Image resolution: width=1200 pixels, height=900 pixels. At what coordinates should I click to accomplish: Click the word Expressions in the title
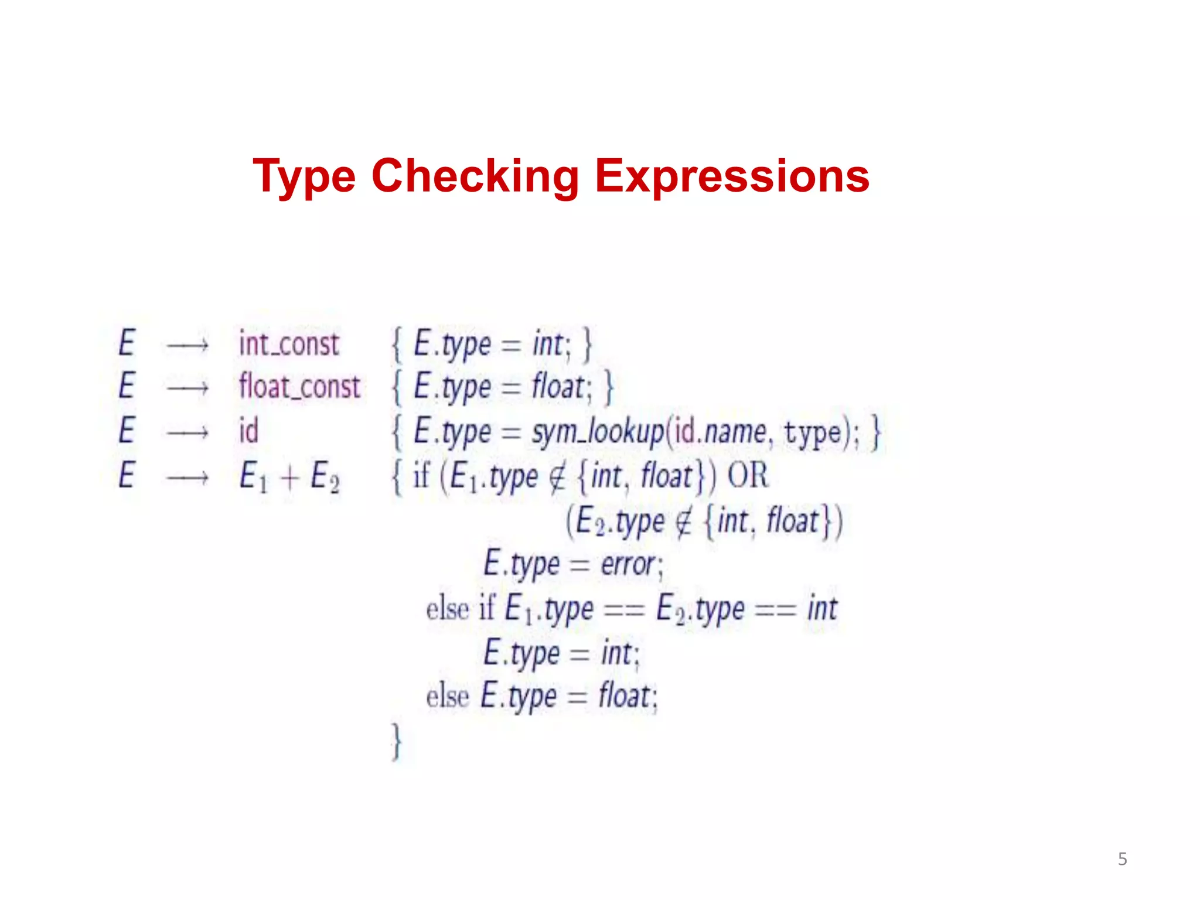pos(732,176)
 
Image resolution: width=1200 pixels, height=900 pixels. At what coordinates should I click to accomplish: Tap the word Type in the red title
pos(304,177)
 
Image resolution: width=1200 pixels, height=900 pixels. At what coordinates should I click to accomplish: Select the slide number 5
pos(1122,859)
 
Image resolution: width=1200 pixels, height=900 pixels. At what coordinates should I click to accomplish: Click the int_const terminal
pos(289,344)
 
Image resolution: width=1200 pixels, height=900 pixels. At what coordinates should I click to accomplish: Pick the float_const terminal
pos(299,387)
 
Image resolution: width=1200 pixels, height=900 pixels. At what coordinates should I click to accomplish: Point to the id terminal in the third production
pos(248,431)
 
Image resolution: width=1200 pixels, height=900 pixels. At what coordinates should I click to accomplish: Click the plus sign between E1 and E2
pos(289,478)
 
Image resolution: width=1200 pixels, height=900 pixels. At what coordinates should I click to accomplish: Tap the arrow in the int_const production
pos(187,346)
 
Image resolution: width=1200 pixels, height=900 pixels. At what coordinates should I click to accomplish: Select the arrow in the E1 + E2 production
pos(187,478)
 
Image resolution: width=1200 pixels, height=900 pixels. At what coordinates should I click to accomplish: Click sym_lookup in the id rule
pos(598,433)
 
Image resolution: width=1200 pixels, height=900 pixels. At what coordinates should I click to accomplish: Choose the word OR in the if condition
pos(747,475)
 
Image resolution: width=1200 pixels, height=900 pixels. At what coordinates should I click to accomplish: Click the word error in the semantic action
pos(628,565)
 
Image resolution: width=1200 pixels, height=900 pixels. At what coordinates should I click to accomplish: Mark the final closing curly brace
pos(397,742)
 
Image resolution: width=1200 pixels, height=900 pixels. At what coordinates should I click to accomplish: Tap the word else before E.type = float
pos(448,697)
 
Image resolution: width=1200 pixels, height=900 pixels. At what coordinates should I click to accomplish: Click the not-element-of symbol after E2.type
pos(684,521)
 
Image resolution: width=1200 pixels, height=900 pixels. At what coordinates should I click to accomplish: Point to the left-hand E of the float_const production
pos(127,387)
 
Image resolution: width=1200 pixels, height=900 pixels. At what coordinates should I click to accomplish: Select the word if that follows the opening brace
pos(421,475)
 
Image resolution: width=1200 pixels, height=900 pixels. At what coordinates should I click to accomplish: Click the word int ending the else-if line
pos(822,609)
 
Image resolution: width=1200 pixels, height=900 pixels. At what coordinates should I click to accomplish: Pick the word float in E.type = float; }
pos(558,388)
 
